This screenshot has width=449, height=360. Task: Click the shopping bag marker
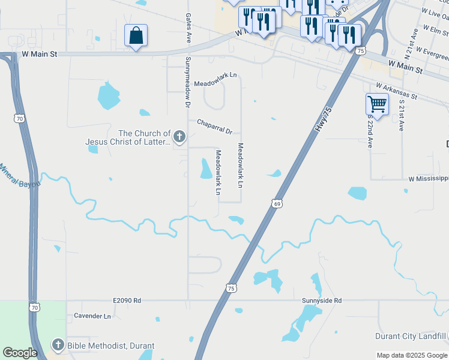(136, 35)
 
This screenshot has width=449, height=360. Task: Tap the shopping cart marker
(377, 104)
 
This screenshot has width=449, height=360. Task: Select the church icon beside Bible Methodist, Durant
(58, 345)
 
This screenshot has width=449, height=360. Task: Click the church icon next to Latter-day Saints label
(179, 138)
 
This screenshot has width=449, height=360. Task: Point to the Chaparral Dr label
(214, 126)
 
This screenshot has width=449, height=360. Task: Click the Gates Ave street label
(188, 28)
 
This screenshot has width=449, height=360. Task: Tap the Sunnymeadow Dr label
(187, 82)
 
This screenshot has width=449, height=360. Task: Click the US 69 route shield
(277, 204)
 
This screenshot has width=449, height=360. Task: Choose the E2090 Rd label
(126, 300)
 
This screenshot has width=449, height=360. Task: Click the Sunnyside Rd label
(322, 300)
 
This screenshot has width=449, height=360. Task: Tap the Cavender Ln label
(92, 316)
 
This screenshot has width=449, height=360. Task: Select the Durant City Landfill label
(411, 336)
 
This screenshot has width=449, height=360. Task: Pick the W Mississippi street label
(428, 179)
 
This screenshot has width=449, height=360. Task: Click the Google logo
(20, 353)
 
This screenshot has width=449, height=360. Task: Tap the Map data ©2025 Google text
(411, 355)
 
